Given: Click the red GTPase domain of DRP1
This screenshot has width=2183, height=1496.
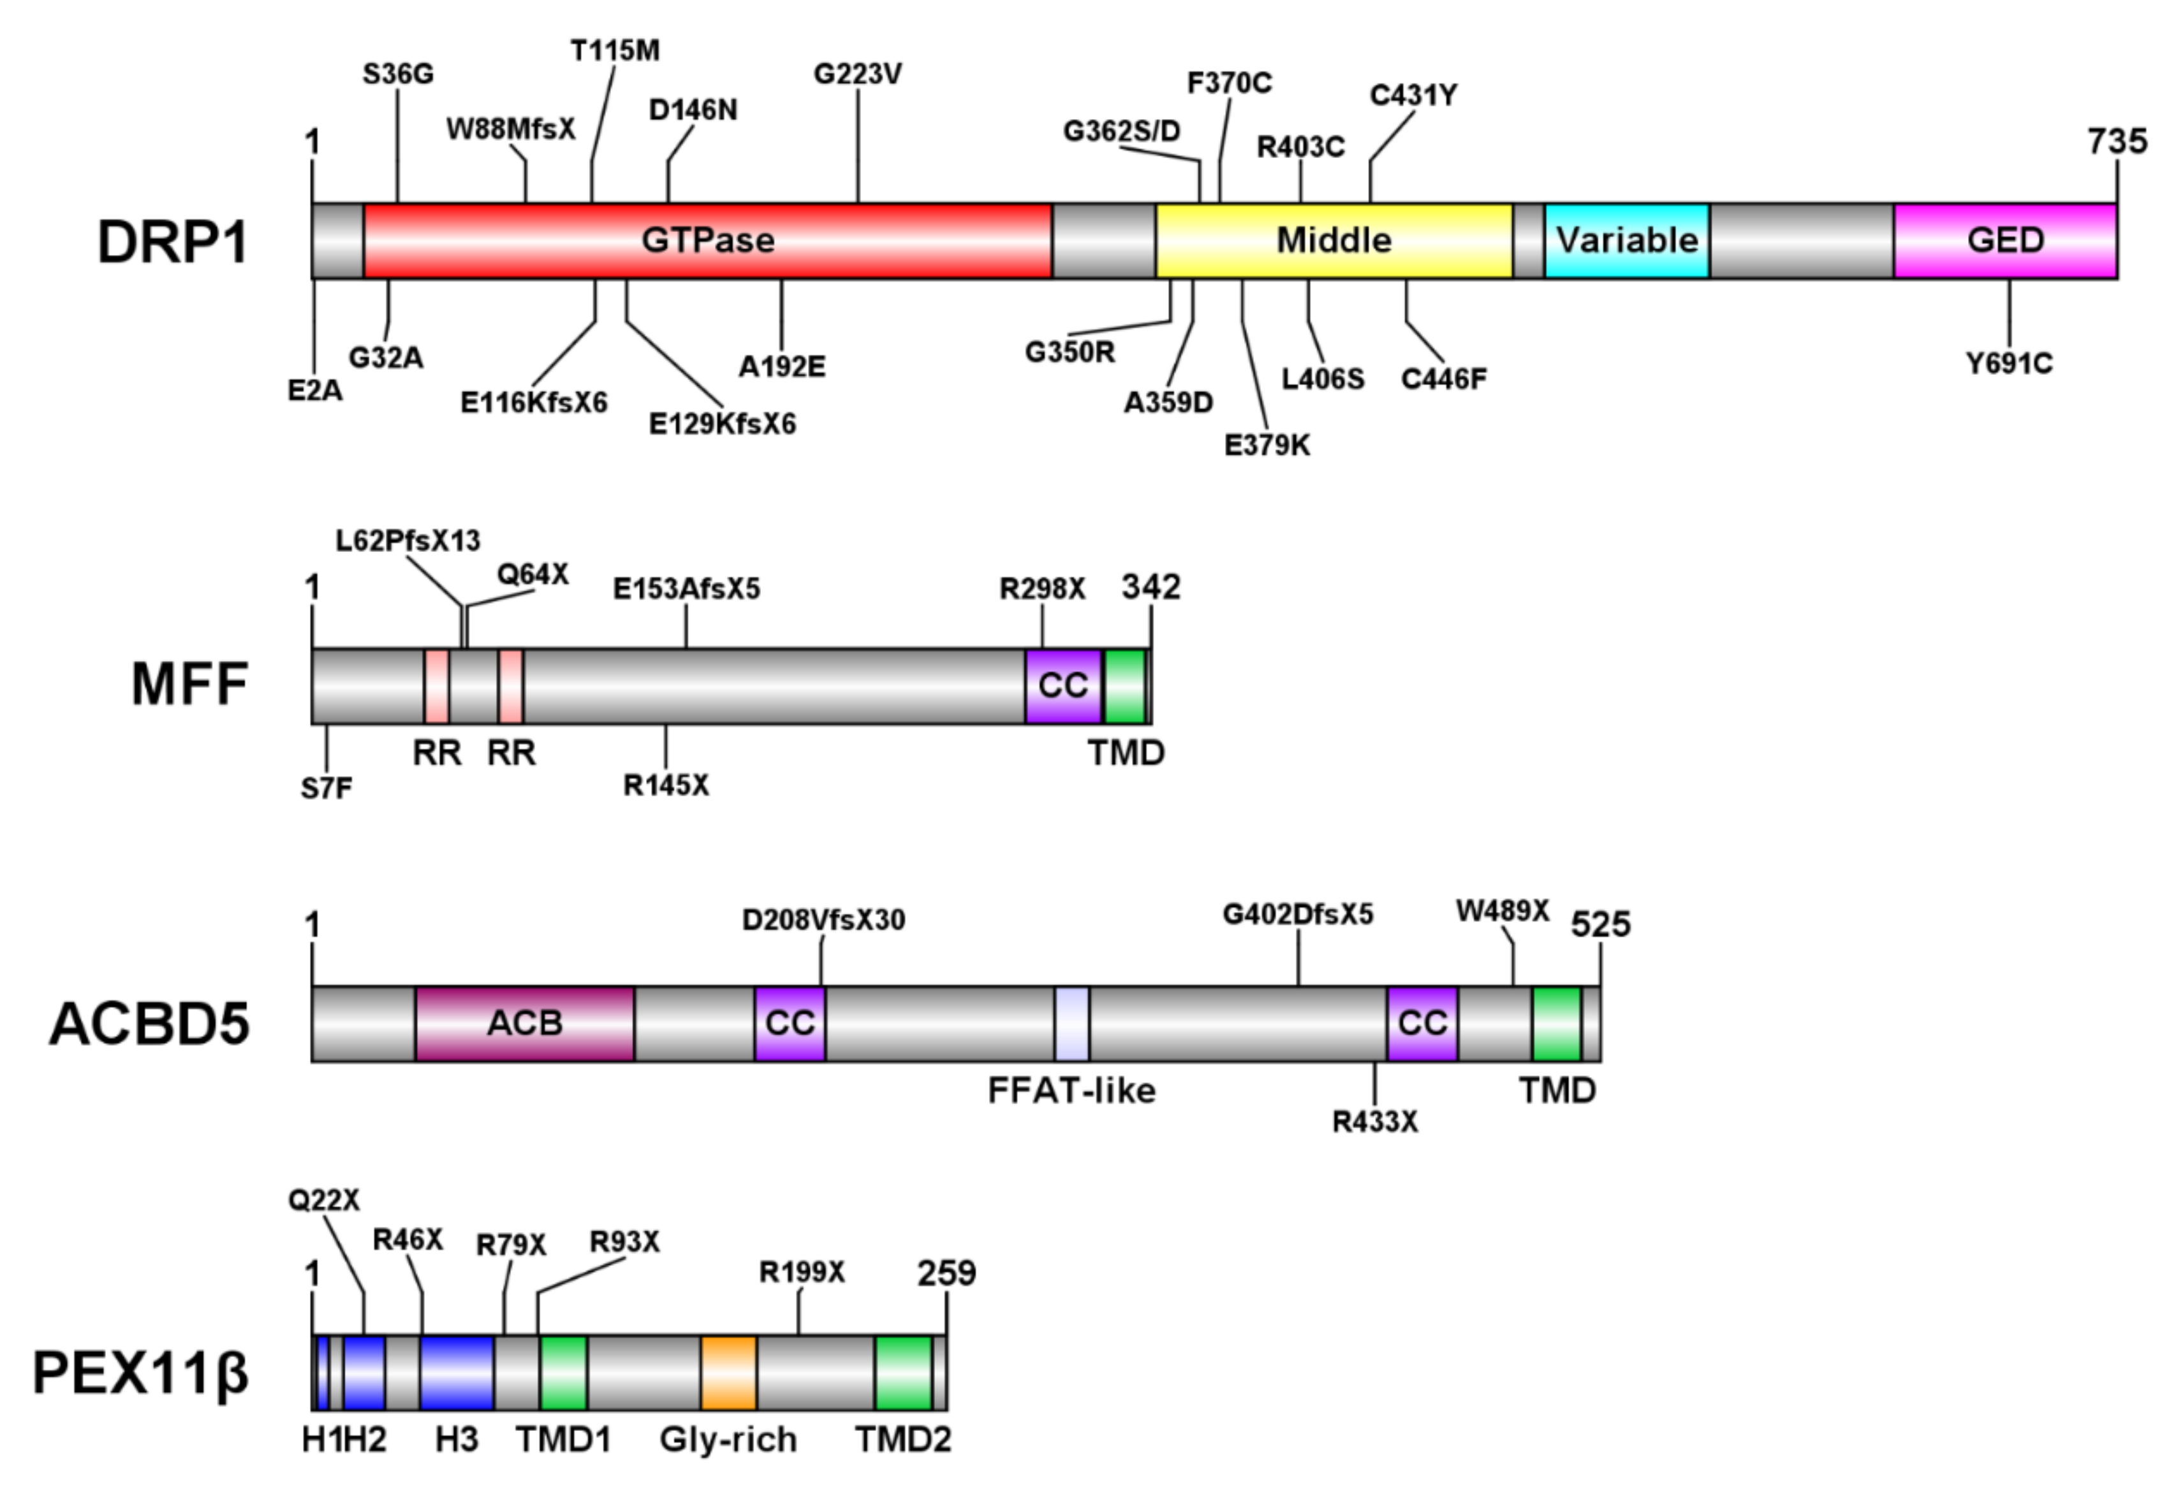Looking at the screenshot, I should point(707,240).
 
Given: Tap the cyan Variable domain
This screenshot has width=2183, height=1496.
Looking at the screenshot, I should point(1626,240).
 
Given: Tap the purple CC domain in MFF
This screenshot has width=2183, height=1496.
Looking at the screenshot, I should point(1062,686).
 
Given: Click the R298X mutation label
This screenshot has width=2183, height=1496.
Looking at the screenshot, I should point(1041,589).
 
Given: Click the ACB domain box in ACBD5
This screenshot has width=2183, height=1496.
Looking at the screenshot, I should point(524,1022).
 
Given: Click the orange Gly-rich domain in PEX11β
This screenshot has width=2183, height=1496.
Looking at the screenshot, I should point(728,1372).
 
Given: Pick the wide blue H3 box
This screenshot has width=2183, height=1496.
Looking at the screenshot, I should point(457,1372).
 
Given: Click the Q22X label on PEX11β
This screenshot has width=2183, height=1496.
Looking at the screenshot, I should point(323,1200).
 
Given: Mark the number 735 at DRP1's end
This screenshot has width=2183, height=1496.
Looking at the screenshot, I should point(2117,142).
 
